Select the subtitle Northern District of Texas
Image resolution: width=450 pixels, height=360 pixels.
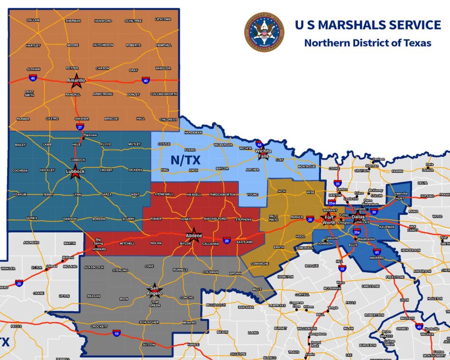click(x=367, y=43)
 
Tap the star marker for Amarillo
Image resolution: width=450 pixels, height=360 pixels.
click(x=76, y=79)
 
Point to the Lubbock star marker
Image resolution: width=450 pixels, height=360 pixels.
click(x=75, y=173)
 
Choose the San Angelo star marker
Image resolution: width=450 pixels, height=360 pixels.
click(x=156, y=289)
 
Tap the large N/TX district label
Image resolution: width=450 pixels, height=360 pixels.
click(x=185, y=160)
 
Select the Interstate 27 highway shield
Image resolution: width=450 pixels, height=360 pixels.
click(x=80, y=126)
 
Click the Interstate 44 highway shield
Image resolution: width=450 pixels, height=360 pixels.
click(x=259, y=144)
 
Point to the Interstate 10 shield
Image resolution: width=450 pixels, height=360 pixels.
click(x=117, y=333)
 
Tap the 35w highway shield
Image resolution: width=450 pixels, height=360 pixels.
click(x=332, y=203)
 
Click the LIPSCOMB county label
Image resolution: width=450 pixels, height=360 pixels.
click(x=163, y=19)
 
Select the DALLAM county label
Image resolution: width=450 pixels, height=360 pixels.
click(x=33, y=20)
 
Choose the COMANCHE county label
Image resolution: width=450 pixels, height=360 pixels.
click(x=260, y=263)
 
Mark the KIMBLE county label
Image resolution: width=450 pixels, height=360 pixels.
click(x=193, y=344)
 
